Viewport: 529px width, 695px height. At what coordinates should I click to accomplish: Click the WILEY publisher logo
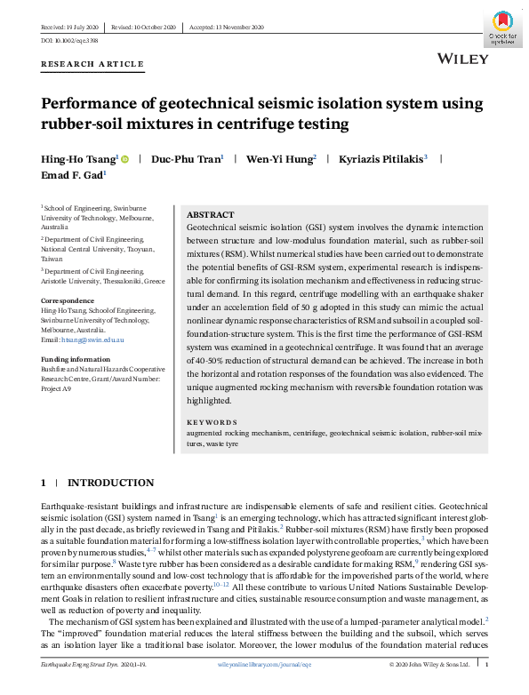[x=463, y=59]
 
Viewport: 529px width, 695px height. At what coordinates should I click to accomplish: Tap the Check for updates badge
[x=502, y=28]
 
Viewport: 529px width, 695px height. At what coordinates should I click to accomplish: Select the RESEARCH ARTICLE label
[x=92, y=65]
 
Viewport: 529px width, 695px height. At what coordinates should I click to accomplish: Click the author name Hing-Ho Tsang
[x=78, y=159]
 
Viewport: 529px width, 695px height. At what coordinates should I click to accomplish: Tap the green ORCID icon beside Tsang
[x=124, y=159]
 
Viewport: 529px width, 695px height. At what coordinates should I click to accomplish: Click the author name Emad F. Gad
[x=72, y=176]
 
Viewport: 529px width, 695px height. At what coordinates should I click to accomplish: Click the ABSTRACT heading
[x=212, y=215]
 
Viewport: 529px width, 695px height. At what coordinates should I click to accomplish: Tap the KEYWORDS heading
[x=212, y=422]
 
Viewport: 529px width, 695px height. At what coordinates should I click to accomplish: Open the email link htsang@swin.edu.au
[x=93, y=340]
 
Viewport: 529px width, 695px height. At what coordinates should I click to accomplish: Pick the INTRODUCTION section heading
[x=110, y=483]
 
